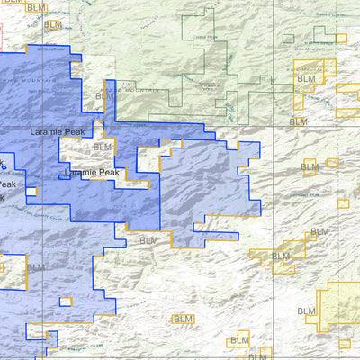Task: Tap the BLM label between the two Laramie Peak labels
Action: [103, 147]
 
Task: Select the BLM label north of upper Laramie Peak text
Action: [104, 95]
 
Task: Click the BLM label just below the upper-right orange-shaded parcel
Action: [298, 121]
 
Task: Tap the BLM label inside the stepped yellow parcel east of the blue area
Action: [281, 256]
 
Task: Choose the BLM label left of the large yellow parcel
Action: [307, 311]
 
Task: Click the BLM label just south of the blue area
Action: [148, 240]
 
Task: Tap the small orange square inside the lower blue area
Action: [65, 301]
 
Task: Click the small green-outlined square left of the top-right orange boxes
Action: [288, 39]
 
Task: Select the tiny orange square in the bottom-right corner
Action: [343, 343]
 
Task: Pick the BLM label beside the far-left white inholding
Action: [34, 267]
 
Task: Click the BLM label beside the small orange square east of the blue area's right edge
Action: [319, 232]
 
